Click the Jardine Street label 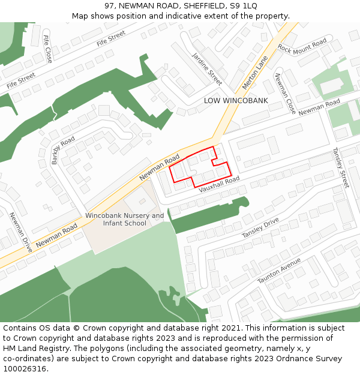207,68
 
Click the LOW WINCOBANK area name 236,100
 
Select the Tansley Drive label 260,227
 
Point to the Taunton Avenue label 279,271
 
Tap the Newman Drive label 20,232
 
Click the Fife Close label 48,49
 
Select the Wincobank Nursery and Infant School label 125,220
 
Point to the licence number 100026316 25,369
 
